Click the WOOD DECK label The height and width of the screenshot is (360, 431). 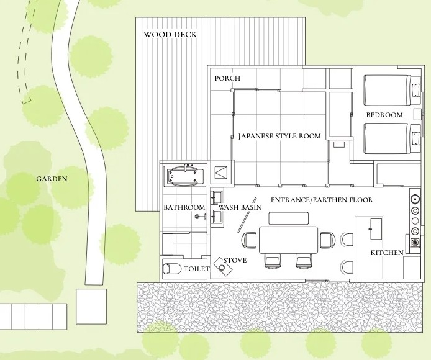click(170, 35)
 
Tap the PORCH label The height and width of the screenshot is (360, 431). click(227, 78)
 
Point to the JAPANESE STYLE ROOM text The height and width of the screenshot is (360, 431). click(279, 136)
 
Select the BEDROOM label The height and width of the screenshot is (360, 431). click(384, 115)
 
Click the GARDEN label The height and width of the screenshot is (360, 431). click(52, 179)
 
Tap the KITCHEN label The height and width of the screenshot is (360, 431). click(387, 253)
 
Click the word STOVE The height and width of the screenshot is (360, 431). click(235, 260)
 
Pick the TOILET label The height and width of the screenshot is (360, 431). click(196, 269)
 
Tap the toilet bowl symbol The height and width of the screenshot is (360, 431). click(172, 269)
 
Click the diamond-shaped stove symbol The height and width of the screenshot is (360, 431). click(223, 267)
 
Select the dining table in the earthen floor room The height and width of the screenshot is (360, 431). click(288, 240)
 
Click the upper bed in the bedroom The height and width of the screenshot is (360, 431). click(392, 90)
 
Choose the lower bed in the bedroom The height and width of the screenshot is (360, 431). click(392, 138)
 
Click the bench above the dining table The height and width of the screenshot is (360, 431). click(289, 218)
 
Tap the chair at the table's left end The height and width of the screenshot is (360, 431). click(249, 240)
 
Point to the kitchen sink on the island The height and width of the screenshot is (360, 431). click(376, 229)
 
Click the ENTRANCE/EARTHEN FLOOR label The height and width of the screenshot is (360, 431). click(322, 200)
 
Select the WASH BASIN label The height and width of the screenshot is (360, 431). click(240, 207)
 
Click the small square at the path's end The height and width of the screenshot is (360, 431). click(91, 306)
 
